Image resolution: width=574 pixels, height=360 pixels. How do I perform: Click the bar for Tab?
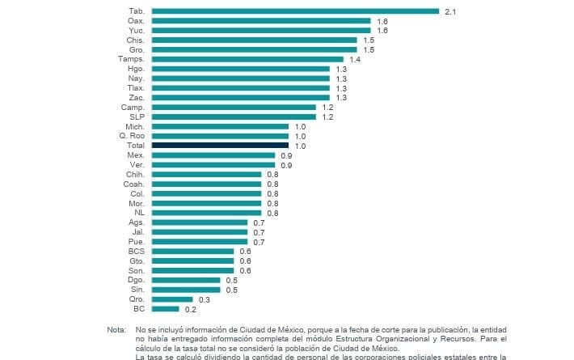click(295, 11)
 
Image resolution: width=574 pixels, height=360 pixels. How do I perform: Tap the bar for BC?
click(165, 308)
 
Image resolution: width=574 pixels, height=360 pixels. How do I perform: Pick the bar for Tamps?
click(247, 59)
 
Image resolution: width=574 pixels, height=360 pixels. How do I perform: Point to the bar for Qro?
click(172, 299)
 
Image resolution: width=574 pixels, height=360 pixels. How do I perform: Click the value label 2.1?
click(450, 11)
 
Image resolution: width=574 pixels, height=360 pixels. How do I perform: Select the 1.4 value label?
click(355, 59)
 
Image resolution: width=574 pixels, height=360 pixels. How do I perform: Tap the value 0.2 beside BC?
click(190, 308)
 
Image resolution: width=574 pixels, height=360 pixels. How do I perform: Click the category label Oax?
click(136, 20)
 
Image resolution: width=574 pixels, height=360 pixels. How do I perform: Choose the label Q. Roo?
click(133, 136)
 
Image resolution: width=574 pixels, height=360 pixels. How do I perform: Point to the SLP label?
click(136, 116)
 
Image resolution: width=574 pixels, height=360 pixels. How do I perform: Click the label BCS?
click(136, 251)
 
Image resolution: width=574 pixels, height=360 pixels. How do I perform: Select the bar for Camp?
click(234, 107)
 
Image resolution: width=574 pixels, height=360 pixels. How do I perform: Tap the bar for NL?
click(206, 213)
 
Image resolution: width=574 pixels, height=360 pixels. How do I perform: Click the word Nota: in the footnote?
click(116, 330)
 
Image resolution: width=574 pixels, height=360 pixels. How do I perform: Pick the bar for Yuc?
click(261, 30)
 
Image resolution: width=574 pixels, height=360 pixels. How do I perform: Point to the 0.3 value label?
click(204, 299)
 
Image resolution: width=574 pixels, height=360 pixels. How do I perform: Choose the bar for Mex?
click(213, 155)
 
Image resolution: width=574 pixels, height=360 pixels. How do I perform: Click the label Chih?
click(134, 174)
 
